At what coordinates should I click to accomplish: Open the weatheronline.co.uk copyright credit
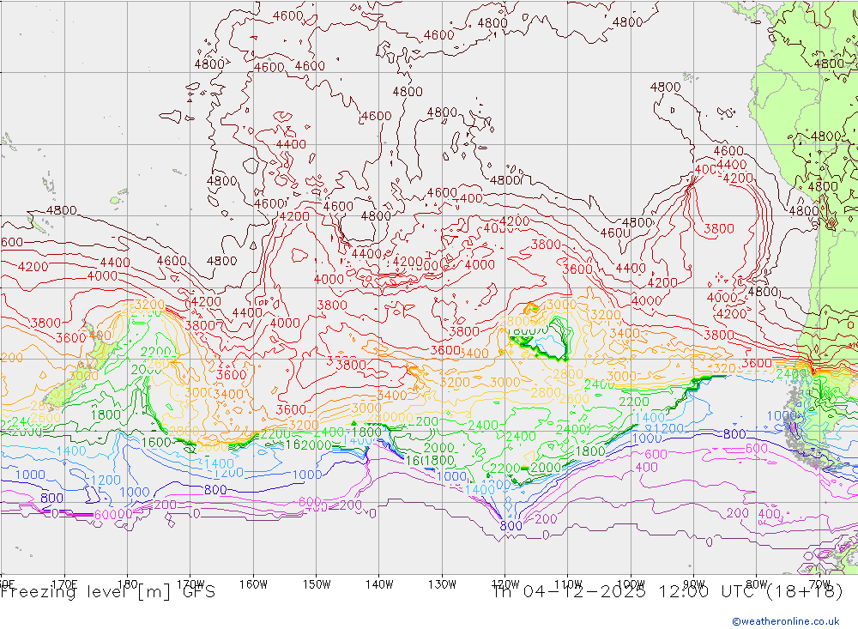(x=785, y=621)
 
